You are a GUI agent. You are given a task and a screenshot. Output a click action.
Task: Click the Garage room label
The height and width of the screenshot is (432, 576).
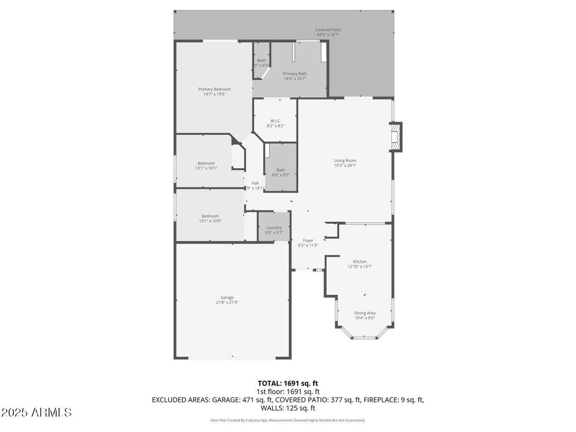[x=227, y=298]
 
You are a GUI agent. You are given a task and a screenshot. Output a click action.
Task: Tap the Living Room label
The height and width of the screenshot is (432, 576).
[x=345, y=160]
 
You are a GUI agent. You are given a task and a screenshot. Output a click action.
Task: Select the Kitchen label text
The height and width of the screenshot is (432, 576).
[x=360, y=262]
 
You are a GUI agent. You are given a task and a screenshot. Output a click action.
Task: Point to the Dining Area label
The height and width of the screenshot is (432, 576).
[x=364, y=313]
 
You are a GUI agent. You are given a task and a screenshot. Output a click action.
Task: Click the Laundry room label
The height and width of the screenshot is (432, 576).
[x=274, y=228]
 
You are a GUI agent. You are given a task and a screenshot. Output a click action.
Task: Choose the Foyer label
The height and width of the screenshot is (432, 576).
[x=308, y=240]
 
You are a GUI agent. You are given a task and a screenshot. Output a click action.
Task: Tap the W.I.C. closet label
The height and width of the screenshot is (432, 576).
[x=275, y=120]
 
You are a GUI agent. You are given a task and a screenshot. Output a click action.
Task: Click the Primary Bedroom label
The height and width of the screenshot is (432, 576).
[x=214, y=89]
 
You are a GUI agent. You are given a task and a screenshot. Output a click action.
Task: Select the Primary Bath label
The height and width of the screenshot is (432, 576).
[x=295, y=74]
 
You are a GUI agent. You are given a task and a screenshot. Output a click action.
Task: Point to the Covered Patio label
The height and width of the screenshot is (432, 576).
[x=328, y=30]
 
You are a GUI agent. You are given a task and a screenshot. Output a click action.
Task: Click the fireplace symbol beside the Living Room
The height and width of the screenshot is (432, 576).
[x=397, y=137]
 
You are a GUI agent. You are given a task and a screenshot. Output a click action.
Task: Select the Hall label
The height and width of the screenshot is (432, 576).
[x=255, y=183]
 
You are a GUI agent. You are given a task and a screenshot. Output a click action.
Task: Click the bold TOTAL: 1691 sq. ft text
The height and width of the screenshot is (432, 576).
[x=287, y=383]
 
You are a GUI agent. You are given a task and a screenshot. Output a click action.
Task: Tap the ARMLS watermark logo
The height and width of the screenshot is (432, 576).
[x=37, y=413]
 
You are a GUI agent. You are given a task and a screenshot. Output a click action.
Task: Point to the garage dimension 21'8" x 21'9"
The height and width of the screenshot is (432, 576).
[x=227, y=303]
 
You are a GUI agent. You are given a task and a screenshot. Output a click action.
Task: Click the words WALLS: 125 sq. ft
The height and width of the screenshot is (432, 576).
[x=288, y=408]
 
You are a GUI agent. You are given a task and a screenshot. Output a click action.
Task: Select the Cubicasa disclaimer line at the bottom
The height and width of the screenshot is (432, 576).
[x=287, y=420]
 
